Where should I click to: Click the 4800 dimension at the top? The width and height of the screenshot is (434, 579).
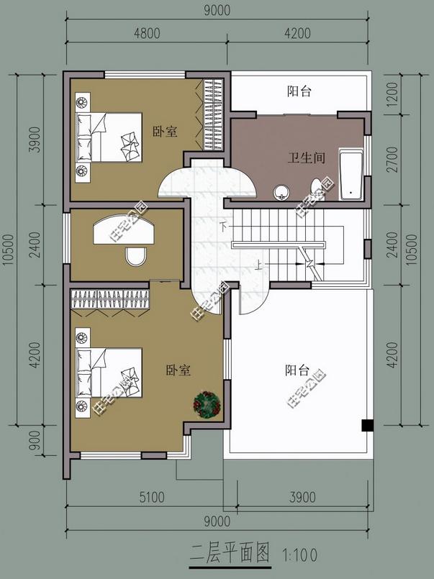pyautogui.click(x=145, y=33)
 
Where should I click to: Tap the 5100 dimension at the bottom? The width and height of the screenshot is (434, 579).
pyautogui.click(x=151, y=496)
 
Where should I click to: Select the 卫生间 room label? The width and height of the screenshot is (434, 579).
pyautogui.click(x=307, y=158)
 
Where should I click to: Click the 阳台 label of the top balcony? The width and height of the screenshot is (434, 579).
pyautogui.click(x=299, y=91)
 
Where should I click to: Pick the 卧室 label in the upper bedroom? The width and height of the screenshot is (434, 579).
pyautogui.click(x=165, y=132)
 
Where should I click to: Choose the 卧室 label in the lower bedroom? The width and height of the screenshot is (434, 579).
pyautogui.click(x=177, y=371)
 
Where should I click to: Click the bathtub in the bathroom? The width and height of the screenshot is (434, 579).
pyautogui.click(x=351, y=173)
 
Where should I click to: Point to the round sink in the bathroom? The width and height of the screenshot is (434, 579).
pyautogui.click(x=281, y=192)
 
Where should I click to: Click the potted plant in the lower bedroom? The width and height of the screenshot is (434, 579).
pyautogui.click(x=207, y=404)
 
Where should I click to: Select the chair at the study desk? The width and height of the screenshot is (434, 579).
pyautogui.click(x=135, y=255)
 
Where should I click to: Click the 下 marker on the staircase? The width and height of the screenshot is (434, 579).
pyautogui.click(x=224, y=227)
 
